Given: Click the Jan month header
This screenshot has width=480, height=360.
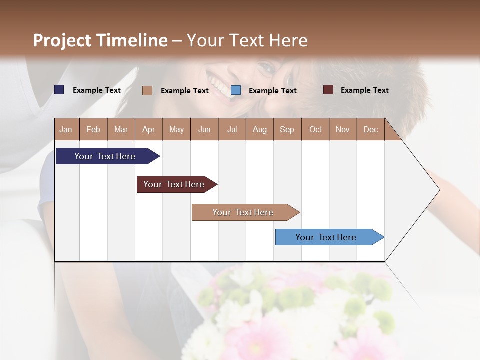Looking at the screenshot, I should (x=66, y=130).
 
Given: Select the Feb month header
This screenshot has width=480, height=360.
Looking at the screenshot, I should (x=93, y=130).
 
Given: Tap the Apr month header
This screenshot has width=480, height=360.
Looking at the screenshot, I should (x=148, y=130).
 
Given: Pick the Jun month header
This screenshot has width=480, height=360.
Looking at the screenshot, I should (x=204, y=130).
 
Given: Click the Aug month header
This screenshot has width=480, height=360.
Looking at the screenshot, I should (x=260, y=130).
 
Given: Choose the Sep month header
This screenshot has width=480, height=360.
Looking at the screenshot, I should (x=287, y=130).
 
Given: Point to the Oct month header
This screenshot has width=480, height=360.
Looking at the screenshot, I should (x=315, y=130).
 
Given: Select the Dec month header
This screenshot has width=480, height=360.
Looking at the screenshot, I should (x=370, y=130).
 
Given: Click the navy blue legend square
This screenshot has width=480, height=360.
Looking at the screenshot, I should (x=59, y=90).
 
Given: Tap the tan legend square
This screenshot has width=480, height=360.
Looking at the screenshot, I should (x=147, y=90).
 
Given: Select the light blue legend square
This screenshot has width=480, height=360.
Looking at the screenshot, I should (x=236, y=90).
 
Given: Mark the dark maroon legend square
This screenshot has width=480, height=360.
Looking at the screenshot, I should (x=328, y=90).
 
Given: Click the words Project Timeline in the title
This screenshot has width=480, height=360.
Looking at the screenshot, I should (x=100, y=40).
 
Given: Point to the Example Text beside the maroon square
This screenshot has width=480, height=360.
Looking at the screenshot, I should (x=364, y=90).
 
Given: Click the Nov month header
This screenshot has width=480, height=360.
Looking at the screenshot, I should (x=343, y=130).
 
